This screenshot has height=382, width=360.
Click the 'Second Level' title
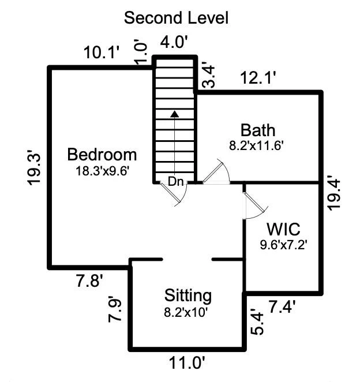(x=176, y=18)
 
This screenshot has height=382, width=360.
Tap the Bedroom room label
(x=102, y=155)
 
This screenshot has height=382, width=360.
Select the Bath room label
(x=258, y=130)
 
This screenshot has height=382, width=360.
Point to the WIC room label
(x=283, y=229)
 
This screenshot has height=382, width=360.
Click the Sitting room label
(x=188, y=296)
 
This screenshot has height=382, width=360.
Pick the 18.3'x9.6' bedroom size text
(x=102, y=171)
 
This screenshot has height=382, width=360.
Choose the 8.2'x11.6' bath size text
(x=256, y=146)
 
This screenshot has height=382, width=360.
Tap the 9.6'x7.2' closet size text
(x=283, y=245)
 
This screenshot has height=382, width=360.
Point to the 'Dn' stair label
(x=175, y=182)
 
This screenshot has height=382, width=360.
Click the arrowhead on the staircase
(x=174, y=114)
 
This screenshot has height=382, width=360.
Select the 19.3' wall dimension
(x=34, y=167)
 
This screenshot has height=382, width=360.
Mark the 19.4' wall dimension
(x=333, y=193)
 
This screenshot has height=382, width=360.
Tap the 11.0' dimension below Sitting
(x=188, y=363)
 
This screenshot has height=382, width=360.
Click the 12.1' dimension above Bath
(x=258, y=78)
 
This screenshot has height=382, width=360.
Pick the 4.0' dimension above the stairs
(x=174, y=42)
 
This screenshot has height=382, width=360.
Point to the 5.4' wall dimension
(x=257, y=321)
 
